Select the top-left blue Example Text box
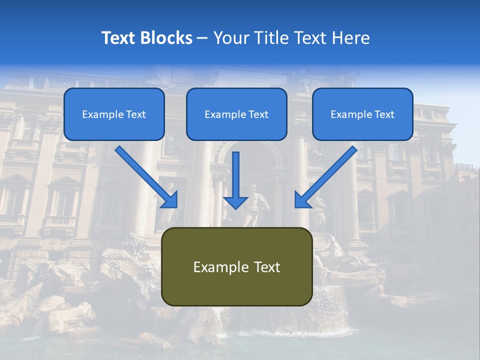(114, 114)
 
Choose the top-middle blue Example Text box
(236, 114)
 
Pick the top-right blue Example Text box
(362, 114)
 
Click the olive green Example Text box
(237, 266)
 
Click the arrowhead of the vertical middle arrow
(235, 202)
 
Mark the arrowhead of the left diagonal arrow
(170, 200)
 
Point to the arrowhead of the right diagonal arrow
(302, 200)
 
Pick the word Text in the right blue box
(384, 114)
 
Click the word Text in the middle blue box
(258, 114)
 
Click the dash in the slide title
(202, 38)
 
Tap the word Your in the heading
(229, 38)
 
